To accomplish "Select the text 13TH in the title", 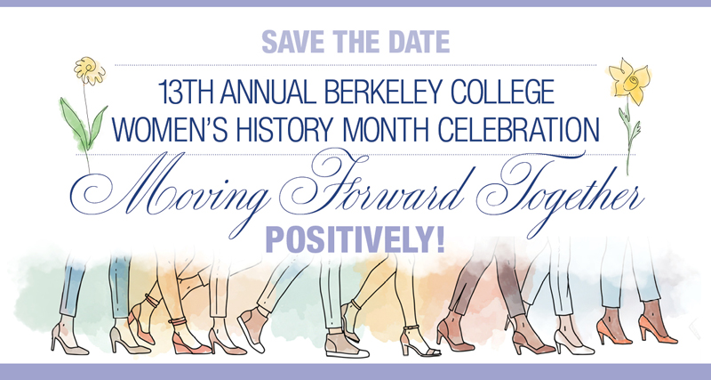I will coord(184,92).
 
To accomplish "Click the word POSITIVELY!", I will coord(355,240).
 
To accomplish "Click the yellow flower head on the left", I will coord(90,70).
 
